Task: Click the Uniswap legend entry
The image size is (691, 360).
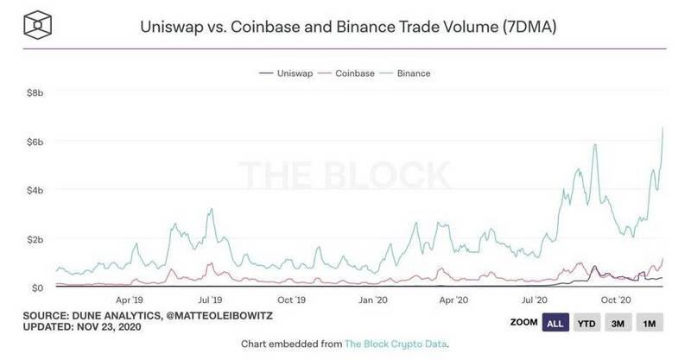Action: [x=286, y=73]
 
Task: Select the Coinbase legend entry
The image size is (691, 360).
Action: [x=349, y=73]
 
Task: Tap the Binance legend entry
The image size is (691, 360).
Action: [x=408, y=73]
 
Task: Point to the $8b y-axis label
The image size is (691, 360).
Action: [x=35, y=93]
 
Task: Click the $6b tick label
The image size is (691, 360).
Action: [x=35, y=142]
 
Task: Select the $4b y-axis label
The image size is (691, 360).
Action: [x=35, y=190]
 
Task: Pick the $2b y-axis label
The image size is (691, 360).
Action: [x=35, y=239]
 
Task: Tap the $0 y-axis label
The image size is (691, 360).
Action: [x=37, y=287]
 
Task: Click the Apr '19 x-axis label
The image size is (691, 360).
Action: [x=130, y=300]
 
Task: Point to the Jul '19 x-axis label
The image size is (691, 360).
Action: [x=210, y=300]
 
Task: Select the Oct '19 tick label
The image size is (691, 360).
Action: [x=291, y=300]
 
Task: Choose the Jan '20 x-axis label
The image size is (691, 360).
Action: [x=373, y=300]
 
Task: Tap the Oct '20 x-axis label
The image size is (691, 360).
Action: [x=616, y=300]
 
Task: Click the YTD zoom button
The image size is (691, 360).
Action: [x=586, y=323]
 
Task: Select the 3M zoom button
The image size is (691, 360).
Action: [x=618, y=323]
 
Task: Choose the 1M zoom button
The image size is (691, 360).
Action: [x=650, y=323]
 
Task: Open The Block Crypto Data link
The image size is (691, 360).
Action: [x=396, y=344]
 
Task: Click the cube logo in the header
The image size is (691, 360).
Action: [x=37, y=26]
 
